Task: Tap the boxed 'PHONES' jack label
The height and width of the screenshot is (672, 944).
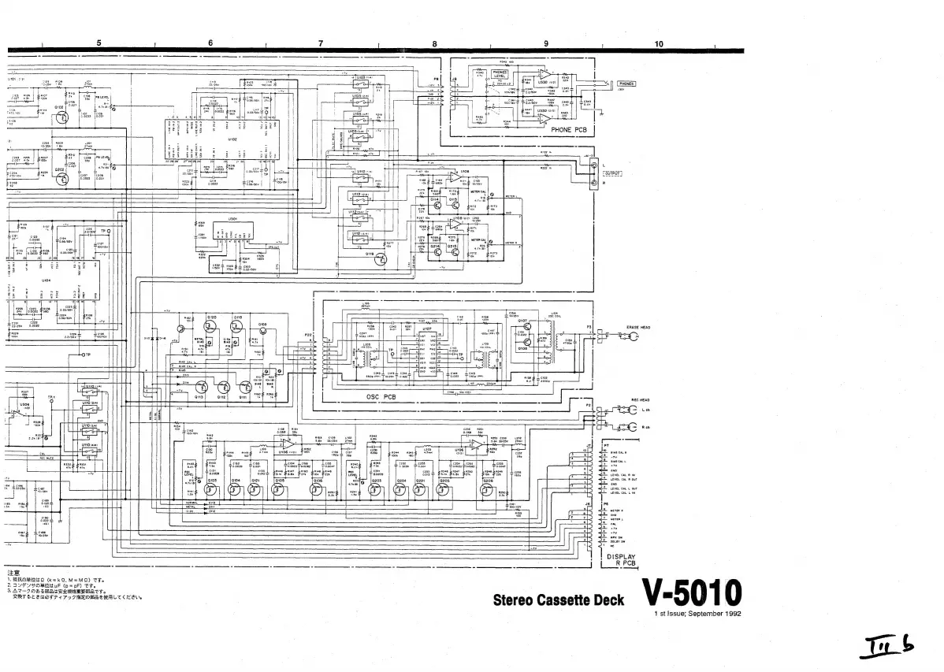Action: (x=627, y=83)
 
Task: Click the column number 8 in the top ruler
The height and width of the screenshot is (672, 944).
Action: (x=434, y=43)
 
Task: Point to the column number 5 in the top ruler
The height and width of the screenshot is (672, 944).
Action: (x=98, y=43)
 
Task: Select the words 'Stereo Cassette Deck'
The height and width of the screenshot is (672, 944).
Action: (x=559, y=600)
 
